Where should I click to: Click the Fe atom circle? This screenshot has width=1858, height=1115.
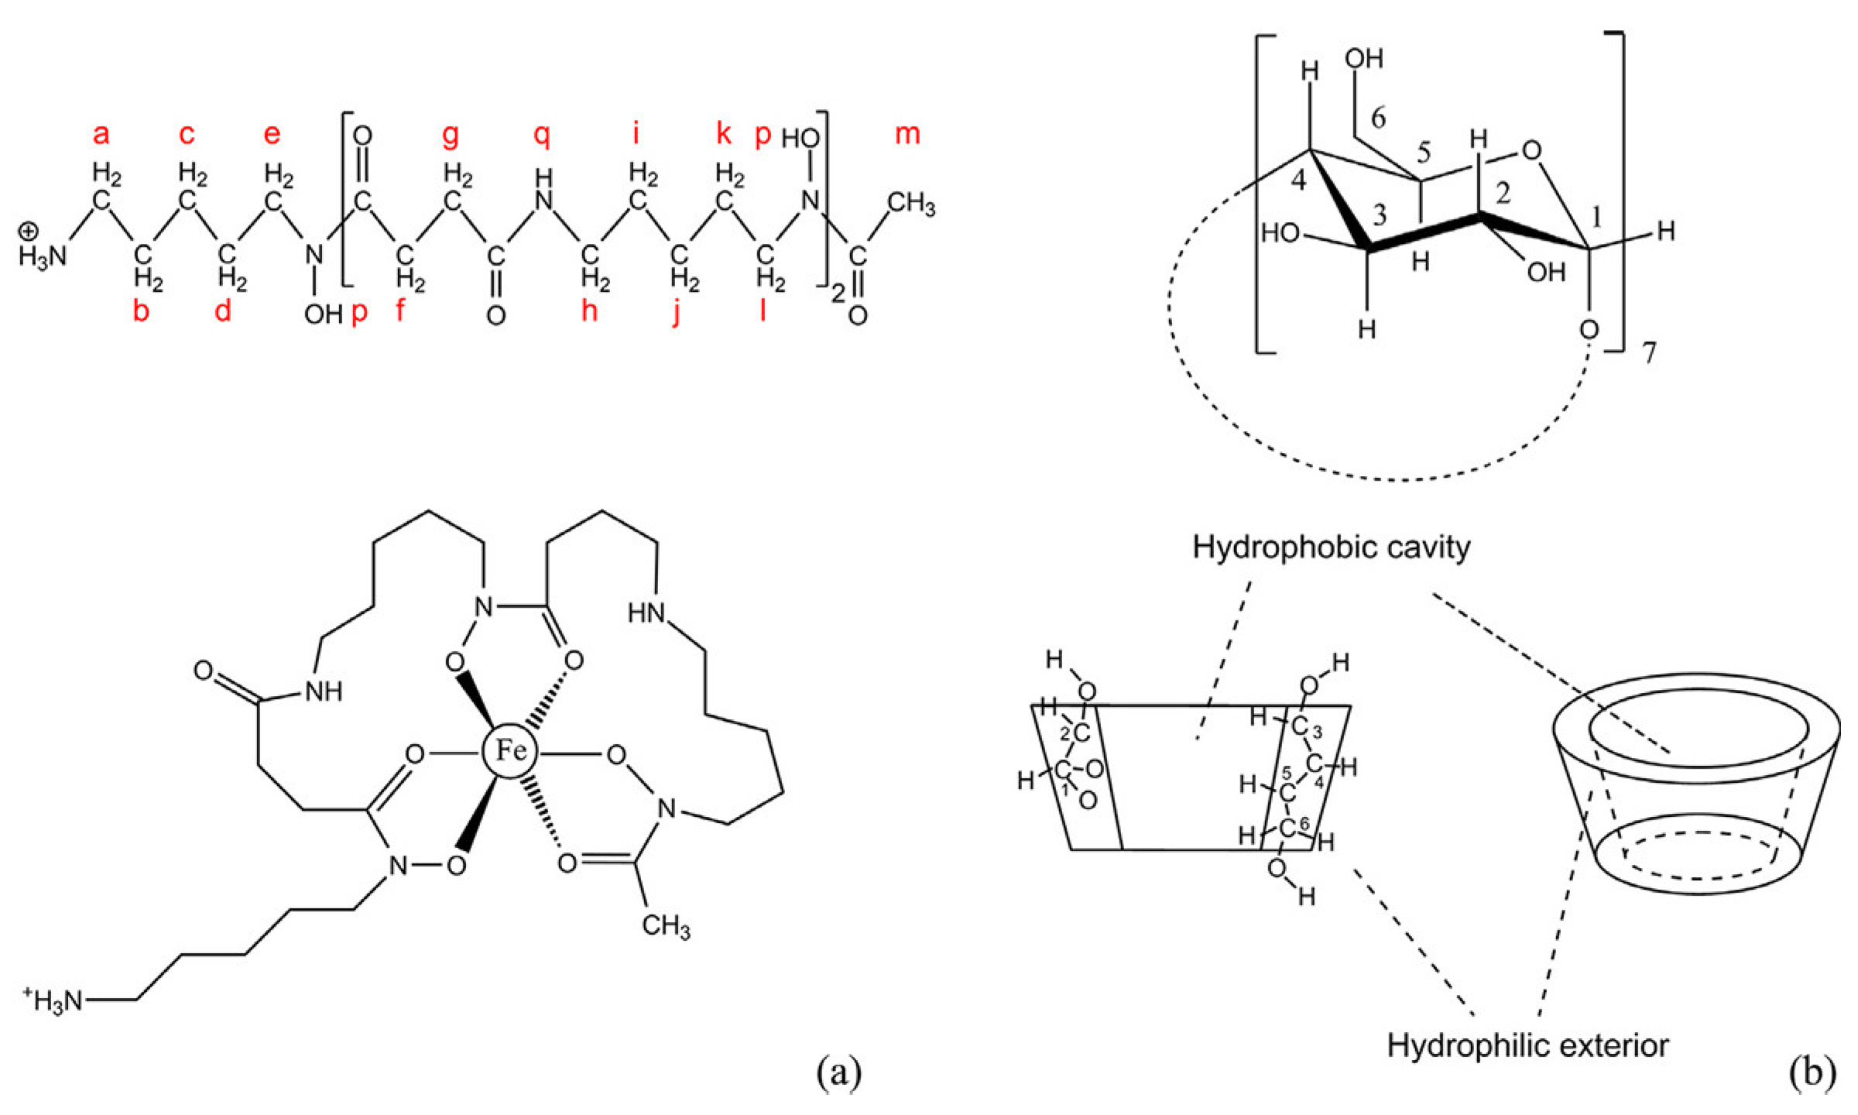coord(509,750)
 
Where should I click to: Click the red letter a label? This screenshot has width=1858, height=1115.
coord(101,135)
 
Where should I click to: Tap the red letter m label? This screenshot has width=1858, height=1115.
coord(907,135)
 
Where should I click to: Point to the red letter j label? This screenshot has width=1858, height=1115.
coord(677,314)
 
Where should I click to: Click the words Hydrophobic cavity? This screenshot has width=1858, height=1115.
coord(1331,547)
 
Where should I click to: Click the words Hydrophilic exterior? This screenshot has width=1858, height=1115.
coord(1527,1045)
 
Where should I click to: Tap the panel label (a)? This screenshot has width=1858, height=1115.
coord(839,1073)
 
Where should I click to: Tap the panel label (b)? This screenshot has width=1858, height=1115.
coord(1812,1073)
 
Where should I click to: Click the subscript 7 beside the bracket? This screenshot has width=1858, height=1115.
coord(1650,353)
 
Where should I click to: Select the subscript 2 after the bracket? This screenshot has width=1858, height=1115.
coord(838,294)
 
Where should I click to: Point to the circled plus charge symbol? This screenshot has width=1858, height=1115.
coord(29,231)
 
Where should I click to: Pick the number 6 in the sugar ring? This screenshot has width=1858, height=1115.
coord(1377,118)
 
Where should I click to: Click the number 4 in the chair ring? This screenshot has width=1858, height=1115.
coord(1298,181)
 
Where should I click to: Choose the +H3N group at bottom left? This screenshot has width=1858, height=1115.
coord(53,1001)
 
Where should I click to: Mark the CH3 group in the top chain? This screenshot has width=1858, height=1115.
coord(911,205)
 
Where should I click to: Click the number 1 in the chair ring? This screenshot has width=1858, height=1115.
coord(1596,220)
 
